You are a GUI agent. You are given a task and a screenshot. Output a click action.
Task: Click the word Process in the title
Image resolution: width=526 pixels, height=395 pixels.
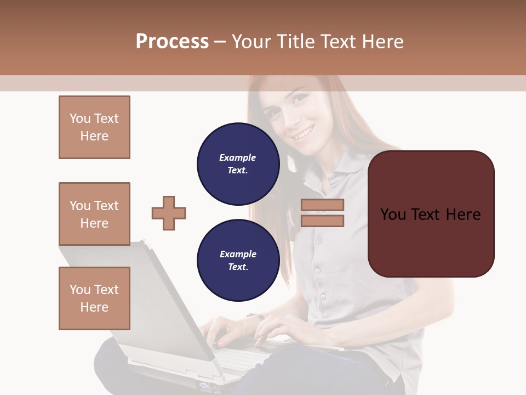172,42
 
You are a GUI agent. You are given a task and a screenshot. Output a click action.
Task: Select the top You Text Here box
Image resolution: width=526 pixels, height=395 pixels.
94,127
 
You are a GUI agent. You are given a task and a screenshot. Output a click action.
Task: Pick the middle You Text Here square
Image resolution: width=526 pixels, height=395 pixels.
94,214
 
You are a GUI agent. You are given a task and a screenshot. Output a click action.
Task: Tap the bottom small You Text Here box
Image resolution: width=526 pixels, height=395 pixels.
94,298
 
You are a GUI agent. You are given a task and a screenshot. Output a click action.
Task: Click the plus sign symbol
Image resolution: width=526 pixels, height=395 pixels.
169,213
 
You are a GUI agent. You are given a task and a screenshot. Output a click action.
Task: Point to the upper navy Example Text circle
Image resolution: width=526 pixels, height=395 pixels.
238,164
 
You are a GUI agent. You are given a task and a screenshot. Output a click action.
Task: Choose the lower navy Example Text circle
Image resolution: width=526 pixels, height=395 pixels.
238,261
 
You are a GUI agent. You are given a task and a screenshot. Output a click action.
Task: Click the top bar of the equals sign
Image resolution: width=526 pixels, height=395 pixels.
322,205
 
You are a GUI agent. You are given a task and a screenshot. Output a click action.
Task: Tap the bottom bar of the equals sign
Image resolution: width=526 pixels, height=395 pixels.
322,221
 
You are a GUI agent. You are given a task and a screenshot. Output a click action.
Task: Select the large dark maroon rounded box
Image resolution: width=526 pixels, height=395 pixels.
431,214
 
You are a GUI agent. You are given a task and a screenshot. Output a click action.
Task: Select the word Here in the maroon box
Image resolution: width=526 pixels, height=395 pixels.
463,214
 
